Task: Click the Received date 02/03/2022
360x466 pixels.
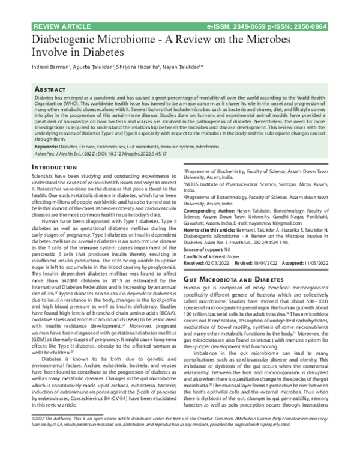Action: pyautogui.click(x=220, y=262)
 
